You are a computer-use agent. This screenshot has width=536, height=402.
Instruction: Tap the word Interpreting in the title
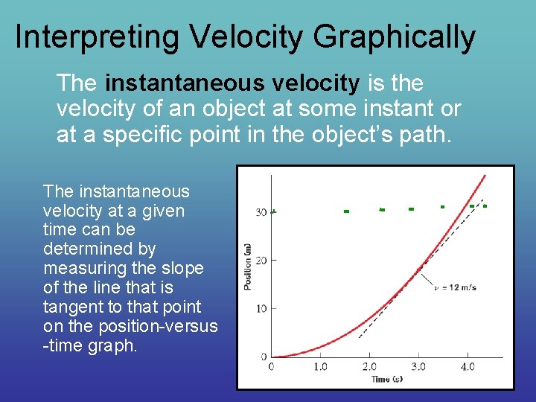95,37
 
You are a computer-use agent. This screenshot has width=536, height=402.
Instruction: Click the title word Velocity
245,37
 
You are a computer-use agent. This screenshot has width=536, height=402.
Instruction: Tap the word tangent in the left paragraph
70,307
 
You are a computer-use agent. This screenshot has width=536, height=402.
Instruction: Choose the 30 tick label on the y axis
261,213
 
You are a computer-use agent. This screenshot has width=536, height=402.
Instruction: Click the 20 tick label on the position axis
261,261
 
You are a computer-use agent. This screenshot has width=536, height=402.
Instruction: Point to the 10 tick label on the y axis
261,308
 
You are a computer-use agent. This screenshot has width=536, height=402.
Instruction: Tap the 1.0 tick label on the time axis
320,367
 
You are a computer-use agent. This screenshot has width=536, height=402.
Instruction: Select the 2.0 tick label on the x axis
369,367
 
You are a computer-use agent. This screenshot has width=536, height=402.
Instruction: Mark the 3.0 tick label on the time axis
418,367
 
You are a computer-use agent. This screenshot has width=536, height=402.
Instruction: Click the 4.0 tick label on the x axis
468,367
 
